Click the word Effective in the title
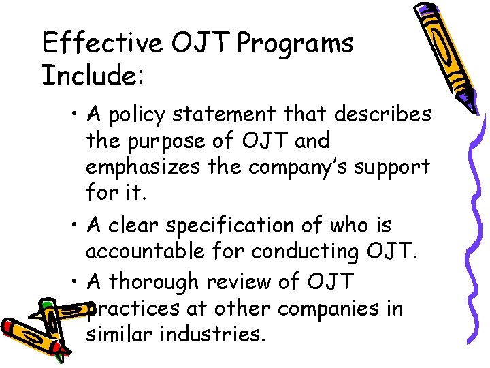[x=102, y=44]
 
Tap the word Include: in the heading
[x=93, y=76]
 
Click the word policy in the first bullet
[x=141, y=114]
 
